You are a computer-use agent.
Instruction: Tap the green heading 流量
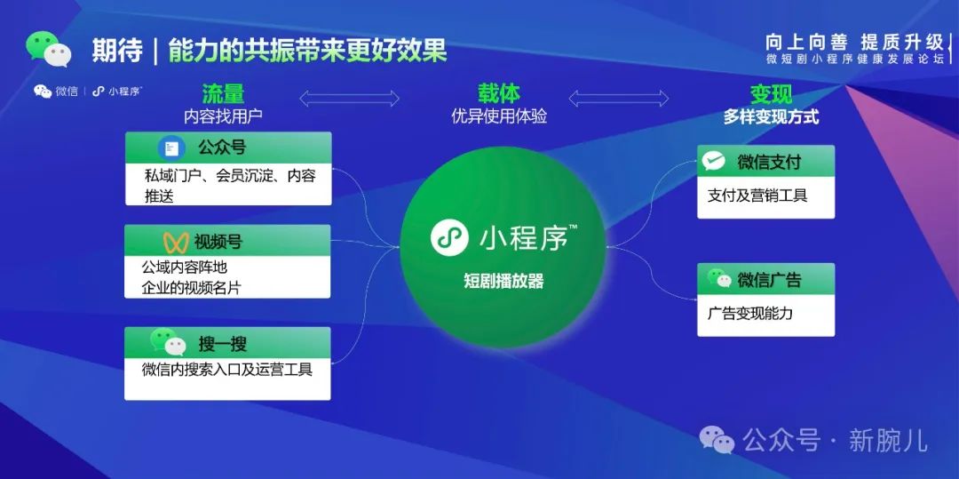pos(223,94)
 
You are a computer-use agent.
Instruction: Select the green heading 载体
pos(498,93)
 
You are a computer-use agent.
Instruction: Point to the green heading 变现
pos(771,94)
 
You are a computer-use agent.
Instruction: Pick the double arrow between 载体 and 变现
pos(618,98)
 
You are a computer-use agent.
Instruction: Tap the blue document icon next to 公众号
pos(170,148)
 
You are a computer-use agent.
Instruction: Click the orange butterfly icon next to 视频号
pos(175,242)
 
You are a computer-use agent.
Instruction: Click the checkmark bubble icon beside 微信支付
pos(714,161)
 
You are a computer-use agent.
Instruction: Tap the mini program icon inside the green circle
pos(449,237)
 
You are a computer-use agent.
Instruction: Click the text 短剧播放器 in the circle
pos(503,281)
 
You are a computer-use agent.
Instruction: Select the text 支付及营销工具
pos(757,196)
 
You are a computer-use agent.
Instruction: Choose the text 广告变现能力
pos(750,313)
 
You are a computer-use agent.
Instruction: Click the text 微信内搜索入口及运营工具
pos(227,369)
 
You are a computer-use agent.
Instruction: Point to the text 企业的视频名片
pos(191,287)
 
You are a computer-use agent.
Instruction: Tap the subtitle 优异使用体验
pos(499,116)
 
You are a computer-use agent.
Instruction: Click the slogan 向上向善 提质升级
pos(854,42)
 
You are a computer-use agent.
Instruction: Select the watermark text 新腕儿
pos(888,439)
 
